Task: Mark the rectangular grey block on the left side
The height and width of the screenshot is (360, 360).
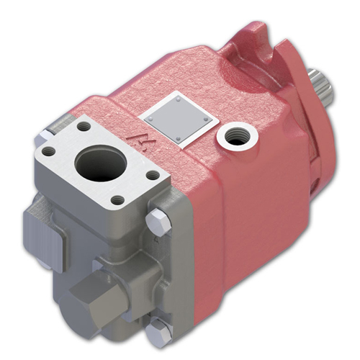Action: pyautogui.click(x=44, y=230)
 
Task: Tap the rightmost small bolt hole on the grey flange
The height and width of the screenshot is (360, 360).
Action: pyautogui.click(x=153, y=175)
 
